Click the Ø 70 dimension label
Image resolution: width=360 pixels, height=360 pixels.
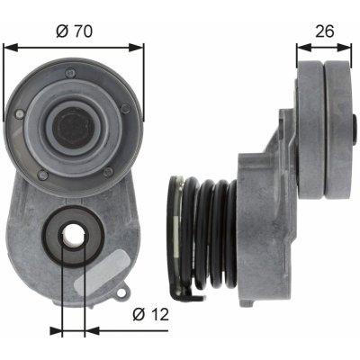tap(74, 31)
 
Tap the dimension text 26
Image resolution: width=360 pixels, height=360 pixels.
tap(325, 31)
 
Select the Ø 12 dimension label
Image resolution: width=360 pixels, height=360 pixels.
tap(151, 315)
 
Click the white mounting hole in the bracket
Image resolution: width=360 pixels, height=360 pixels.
tap(73, 236)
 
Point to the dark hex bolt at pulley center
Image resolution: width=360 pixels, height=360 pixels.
tap(74, 127)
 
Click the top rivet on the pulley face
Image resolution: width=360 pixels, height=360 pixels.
tap(71, 72)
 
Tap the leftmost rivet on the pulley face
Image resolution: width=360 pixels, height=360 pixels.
tap(20, 113)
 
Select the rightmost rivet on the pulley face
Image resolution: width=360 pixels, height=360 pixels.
tap(126, 108)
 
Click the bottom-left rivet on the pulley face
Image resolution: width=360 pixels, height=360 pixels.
tap(42, 175)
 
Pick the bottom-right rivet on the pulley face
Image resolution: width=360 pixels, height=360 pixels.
tap(108, 172)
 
